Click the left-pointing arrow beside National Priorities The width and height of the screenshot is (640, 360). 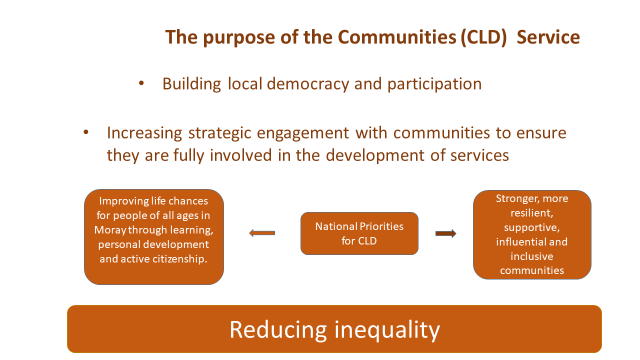click(262, 233)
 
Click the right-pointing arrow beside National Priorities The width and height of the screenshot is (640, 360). click(446, 233)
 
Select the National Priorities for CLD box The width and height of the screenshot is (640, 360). click(359, 233)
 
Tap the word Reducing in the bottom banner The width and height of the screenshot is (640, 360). click(278, 330)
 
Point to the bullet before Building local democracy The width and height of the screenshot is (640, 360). click(141, 83)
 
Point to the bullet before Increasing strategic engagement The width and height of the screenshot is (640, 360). click(86, 132)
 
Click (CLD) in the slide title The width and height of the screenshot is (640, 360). click(484, 38)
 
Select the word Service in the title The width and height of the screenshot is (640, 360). click(548, 37)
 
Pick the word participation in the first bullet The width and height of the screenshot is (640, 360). click(434, 84)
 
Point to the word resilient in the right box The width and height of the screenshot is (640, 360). click(531, 213)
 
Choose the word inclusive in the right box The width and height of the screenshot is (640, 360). click(532, 256)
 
